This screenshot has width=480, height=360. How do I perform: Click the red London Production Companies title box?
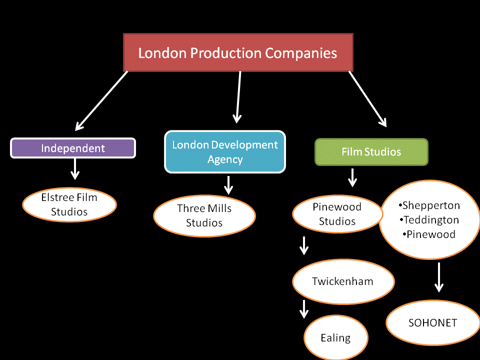238,52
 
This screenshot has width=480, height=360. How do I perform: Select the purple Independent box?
73,148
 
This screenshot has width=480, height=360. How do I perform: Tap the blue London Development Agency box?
225,152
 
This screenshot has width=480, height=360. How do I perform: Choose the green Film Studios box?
371,151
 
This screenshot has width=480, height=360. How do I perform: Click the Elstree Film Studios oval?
69,204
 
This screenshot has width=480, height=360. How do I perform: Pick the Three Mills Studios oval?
204,215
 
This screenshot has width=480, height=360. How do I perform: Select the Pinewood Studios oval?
337,214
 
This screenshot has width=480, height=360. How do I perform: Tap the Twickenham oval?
342,281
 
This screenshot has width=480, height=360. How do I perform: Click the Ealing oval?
335,338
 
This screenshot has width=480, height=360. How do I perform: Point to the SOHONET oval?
432,322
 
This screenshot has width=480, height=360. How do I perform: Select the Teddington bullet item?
429,219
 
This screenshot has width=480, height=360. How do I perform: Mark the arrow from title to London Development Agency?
238,96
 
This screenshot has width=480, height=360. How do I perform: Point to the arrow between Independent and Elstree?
75,169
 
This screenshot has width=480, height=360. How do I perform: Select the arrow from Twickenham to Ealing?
303,309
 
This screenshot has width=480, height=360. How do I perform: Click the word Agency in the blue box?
225,159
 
